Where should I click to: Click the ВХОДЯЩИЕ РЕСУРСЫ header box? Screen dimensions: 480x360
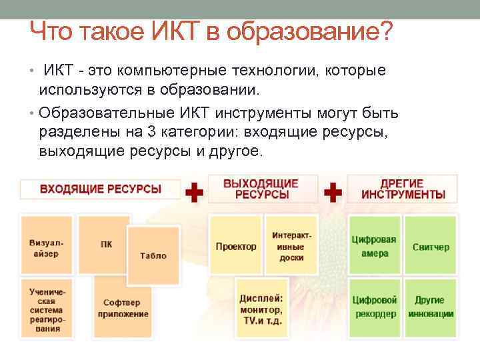pos(101,189)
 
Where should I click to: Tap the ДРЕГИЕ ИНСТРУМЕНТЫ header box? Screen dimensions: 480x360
pos(403,189)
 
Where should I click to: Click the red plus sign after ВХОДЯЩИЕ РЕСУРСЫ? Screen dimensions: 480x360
pos(193,193)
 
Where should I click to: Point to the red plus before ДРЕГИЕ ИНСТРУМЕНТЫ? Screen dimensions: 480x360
pos(333,193)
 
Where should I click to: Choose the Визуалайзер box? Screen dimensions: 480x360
pos(47,245)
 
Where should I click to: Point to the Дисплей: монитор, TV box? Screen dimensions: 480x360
pos(261,308)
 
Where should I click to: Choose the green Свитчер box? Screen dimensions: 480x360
pos(430,246)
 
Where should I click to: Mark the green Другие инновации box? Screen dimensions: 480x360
pos(430,307)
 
